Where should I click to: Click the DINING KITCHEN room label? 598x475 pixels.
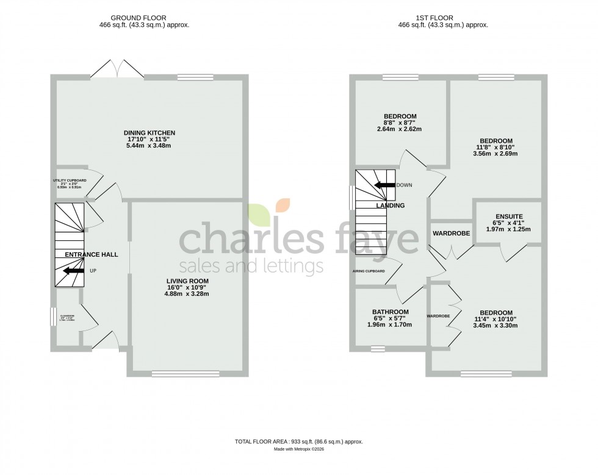(x=149, y=133)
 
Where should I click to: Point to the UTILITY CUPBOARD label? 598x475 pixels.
(x=69, y=181)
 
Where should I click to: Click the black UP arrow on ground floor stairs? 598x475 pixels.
(x=73, y=271)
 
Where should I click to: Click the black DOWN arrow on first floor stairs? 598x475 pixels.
(x=384, y=185)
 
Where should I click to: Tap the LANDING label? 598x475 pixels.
(x=390, y=205)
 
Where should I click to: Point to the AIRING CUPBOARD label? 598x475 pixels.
(x=368, y=271)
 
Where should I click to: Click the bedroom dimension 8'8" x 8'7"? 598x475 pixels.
(x=400, y=123)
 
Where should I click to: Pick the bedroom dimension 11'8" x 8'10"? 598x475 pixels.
(x=495, y=147)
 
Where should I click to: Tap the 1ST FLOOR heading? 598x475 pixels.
(x=442, y=18)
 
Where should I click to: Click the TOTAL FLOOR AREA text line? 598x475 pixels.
(x=299, y=441)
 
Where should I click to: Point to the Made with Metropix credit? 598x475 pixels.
(x=299, y=449)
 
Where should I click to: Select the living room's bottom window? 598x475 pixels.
(x=186, y=374)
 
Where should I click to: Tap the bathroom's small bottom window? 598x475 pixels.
(x=378, y=349)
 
